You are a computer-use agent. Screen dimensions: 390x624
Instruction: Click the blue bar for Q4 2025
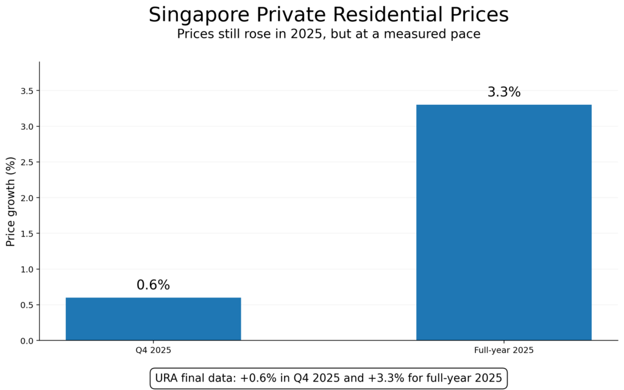[x=153, y=319]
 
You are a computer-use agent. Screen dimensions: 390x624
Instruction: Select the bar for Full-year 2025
[x=503, y=222]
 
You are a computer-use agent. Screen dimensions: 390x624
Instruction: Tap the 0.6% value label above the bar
[x=153, y=285]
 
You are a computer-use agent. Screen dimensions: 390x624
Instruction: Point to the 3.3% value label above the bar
[x=503, y=93]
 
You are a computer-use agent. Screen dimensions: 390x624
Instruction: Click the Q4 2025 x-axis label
[x=153, y=351]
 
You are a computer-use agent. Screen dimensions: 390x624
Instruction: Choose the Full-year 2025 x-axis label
[x=503, y=351]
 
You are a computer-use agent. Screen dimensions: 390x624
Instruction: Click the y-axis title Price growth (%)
[x=10, y=200]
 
